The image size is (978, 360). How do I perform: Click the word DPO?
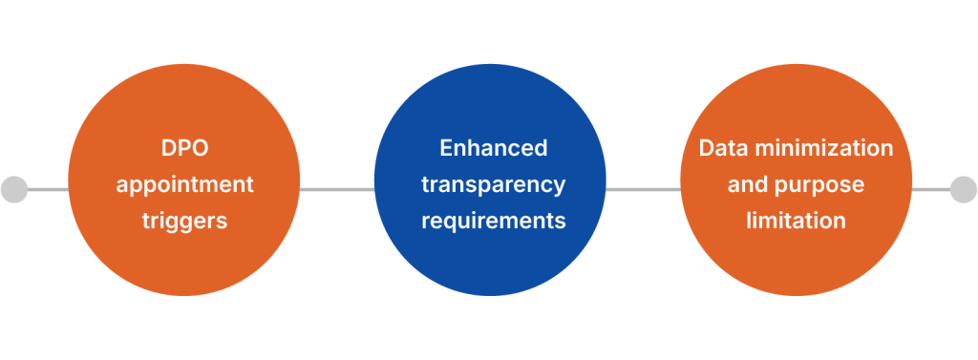pos(184,149)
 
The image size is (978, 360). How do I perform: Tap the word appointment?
pos(184,184)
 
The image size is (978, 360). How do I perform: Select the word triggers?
pos(184,221)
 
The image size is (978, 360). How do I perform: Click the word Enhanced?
pos(494,149)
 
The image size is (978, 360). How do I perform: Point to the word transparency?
pos(494,184)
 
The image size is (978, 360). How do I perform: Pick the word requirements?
pos(494,221)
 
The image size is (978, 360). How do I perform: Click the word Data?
pos(723,149)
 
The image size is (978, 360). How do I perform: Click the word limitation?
pos(796,221)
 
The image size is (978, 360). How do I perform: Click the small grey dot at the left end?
pos(14,189)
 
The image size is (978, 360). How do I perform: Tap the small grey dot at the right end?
pos(963,189)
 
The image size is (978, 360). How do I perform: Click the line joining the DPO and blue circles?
pos(337,189)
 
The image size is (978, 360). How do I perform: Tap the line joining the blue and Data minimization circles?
pos(643,189)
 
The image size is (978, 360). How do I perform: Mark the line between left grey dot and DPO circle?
pos(48,189)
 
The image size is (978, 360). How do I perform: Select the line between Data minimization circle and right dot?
pos(930,189)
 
